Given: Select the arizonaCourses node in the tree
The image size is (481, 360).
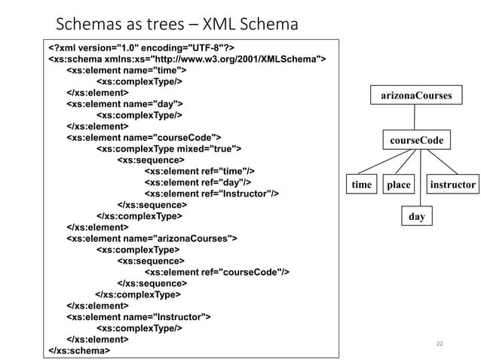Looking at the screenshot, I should pyautogui.click(x=415, y=96).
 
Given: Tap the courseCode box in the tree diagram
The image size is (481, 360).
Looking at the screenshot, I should pyautogui.click(x=416, y=141).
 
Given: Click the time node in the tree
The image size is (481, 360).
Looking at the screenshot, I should pyautogui.click(x=362, y=184).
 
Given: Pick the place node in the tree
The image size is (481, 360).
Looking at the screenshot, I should pyautogui.click(x=398, y=184).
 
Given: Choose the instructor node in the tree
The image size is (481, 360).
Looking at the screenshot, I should pyautogui.click(x=452, y=184).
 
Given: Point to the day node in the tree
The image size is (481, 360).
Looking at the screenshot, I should pyautogui.click(x=416, y=216).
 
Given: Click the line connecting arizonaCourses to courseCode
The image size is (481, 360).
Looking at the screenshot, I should pyautogui.click(x=415, y=118).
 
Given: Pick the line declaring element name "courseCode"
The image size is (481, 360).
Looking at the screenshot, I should pyautogui.click(x=144, y=138).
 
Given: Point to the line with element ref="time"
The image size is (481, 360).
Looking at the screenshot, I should pyautogui.click(x=198, y=171).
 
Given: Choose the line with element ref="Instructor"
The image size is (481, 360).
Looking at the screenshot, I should pyautogui.click(x=212, y=194).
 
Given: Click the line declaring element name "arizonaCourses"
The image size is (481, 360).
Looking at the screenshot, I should pyautogui.click(x=152, y=238).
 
